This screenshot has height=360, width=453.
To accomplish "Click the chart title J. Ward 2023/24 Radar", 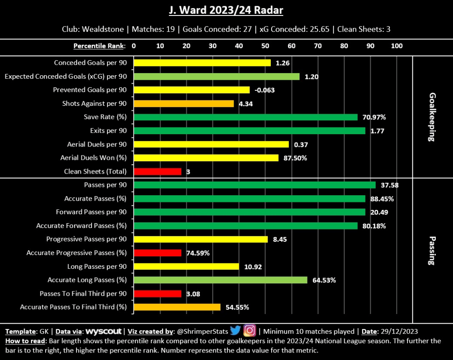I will click(x=226, y=10).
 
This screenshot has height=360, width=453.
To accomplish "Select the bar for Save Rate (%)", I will click(x=246, y=117).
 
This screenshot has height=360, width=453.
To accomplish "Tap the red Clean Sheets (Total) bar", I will click(x=157, y=171).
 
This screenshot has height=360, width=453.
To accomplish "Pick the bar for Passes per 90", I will click(x=254, y=185).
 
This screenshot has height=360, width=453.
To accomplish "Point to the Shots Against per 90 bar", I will click(x=184, y=104).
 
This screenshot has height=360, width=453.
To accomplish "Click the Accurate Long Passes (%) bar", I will click(x=220, y=280).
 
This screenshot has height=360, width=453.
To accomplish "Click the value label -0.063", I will click(x=265, y=90).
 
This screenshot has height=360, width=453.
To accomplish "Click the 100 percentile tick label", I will click(x=397, y=46).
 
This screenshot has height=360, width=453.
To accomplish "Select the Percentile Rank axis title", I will click(x=99, y=46).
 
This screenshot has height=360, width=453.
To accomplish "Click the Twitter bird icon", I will click(x=235, y=331).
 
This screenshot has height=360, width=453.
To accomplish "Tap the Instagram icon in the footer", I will click(x=250, y=331).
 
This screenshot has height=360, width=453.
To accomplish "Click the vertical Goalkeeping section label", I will click(x=432, y=117).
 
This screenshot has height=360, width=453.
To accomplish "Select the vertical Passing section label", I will click(x=432, y=250).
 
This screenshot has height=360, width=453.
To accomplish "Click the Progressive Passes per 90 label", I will click(x=86, y=239).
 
